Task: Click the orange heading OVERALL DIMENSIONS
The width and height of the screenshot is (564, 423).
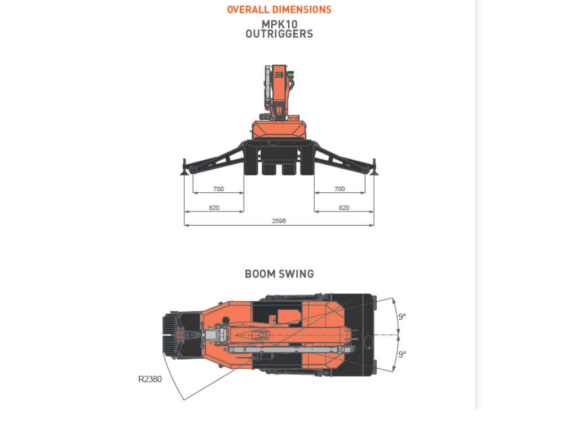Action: click(279, 10)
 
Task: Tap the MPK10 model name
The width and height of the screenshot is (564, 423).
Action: click(280, 24)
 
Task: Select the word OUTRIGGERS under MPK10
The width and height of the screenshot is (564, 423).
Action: click(279, 34)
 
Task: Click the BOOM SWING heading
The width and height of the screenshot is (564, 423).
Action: click(279, 274)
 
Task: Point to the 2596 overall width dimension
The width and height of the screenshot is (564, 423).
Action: click(279, 221)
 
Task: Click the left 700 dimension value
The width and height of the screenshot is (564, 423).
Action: click(218, 189)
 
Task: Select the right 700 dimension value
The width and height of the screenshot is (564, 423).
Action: click(340, 189)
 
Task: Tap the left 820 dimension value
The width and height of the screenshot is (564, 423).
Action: click(214, 208)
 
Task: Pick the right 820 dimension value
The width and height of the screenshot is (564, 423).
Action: click(344, 208)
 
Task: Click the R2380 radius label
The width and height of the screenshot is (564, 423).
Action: click(150, 379)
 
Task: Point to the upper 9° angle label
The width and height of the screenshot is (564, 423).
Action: click(402, 316)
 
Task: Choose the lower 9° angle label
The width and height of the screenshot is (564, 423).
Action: click(402, 354)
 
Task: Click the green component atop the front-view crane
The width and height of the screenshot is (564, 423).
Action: click(290, 74)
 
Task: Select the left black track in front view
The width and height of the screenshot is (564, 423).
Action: click(251, 158)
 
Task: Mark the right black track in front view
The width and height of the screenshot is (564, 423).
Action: click(307, 158)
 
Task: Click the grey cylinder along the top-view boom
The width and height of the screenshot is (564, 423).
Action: click(290, 350)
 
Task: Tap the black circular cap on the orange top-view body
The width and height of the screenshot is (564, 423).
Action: click(226, 320)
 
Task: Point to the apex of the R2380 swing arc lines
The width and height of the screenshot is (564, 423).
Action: click(184, 400)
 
